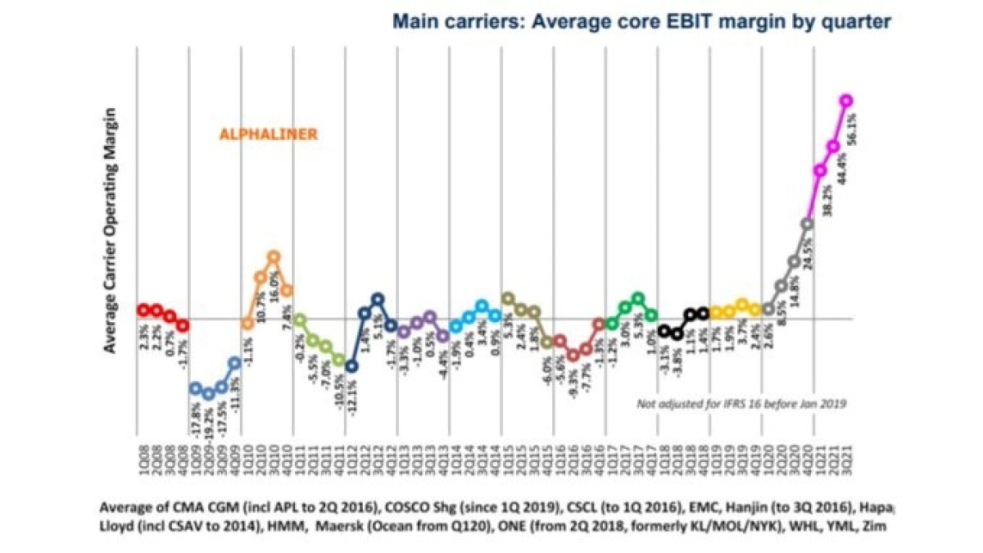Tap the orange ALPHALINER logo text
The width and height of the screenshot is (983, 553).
tap(267, 134)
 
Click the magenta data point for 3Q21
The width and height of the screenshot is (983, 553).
tap(846, 101)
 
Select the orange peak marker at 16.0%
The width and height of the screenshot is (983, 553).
tap(274, 256)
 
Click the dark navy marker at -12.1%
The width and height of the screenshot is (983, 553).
tap(351, 366)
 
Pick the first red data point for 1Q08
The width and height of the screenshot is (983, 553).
tap(143, 310)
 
